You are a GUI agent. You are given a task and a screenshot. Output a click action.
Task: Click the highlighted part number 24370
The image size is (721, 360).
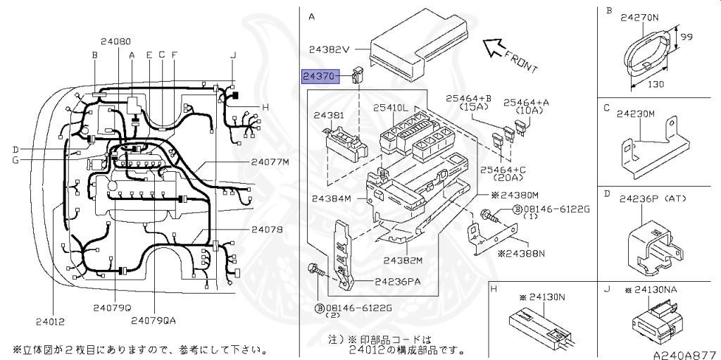tap(320, 75)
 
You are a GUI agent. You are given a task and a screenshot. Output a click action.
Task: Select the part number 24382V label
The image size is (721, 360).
tap(329, 50)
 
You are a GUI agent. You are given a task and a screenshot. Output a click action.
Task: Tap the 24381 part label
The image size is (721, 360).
tap(329, 115)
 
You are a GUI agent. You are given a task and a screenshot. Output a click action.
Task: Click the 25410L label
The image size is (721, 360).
tap(391, 108)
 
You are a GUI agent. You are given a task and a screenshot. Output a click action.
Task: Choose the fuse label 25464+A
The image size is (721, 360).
tap(528, 102)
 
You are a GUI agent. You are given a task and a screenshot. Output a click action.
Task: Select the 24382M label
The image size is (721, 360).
tap(403, 260)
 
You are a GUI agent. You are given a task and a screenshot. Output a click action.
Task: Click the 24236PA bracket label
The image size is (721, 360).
tap(398, 282)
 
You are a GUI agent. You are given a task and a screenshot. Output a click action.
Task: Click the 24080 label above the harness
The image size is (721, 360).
tap(115, 42)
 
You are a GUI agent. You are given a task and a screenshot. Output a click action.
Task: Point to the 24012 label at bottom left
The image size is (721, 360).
tap(50, 322)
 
